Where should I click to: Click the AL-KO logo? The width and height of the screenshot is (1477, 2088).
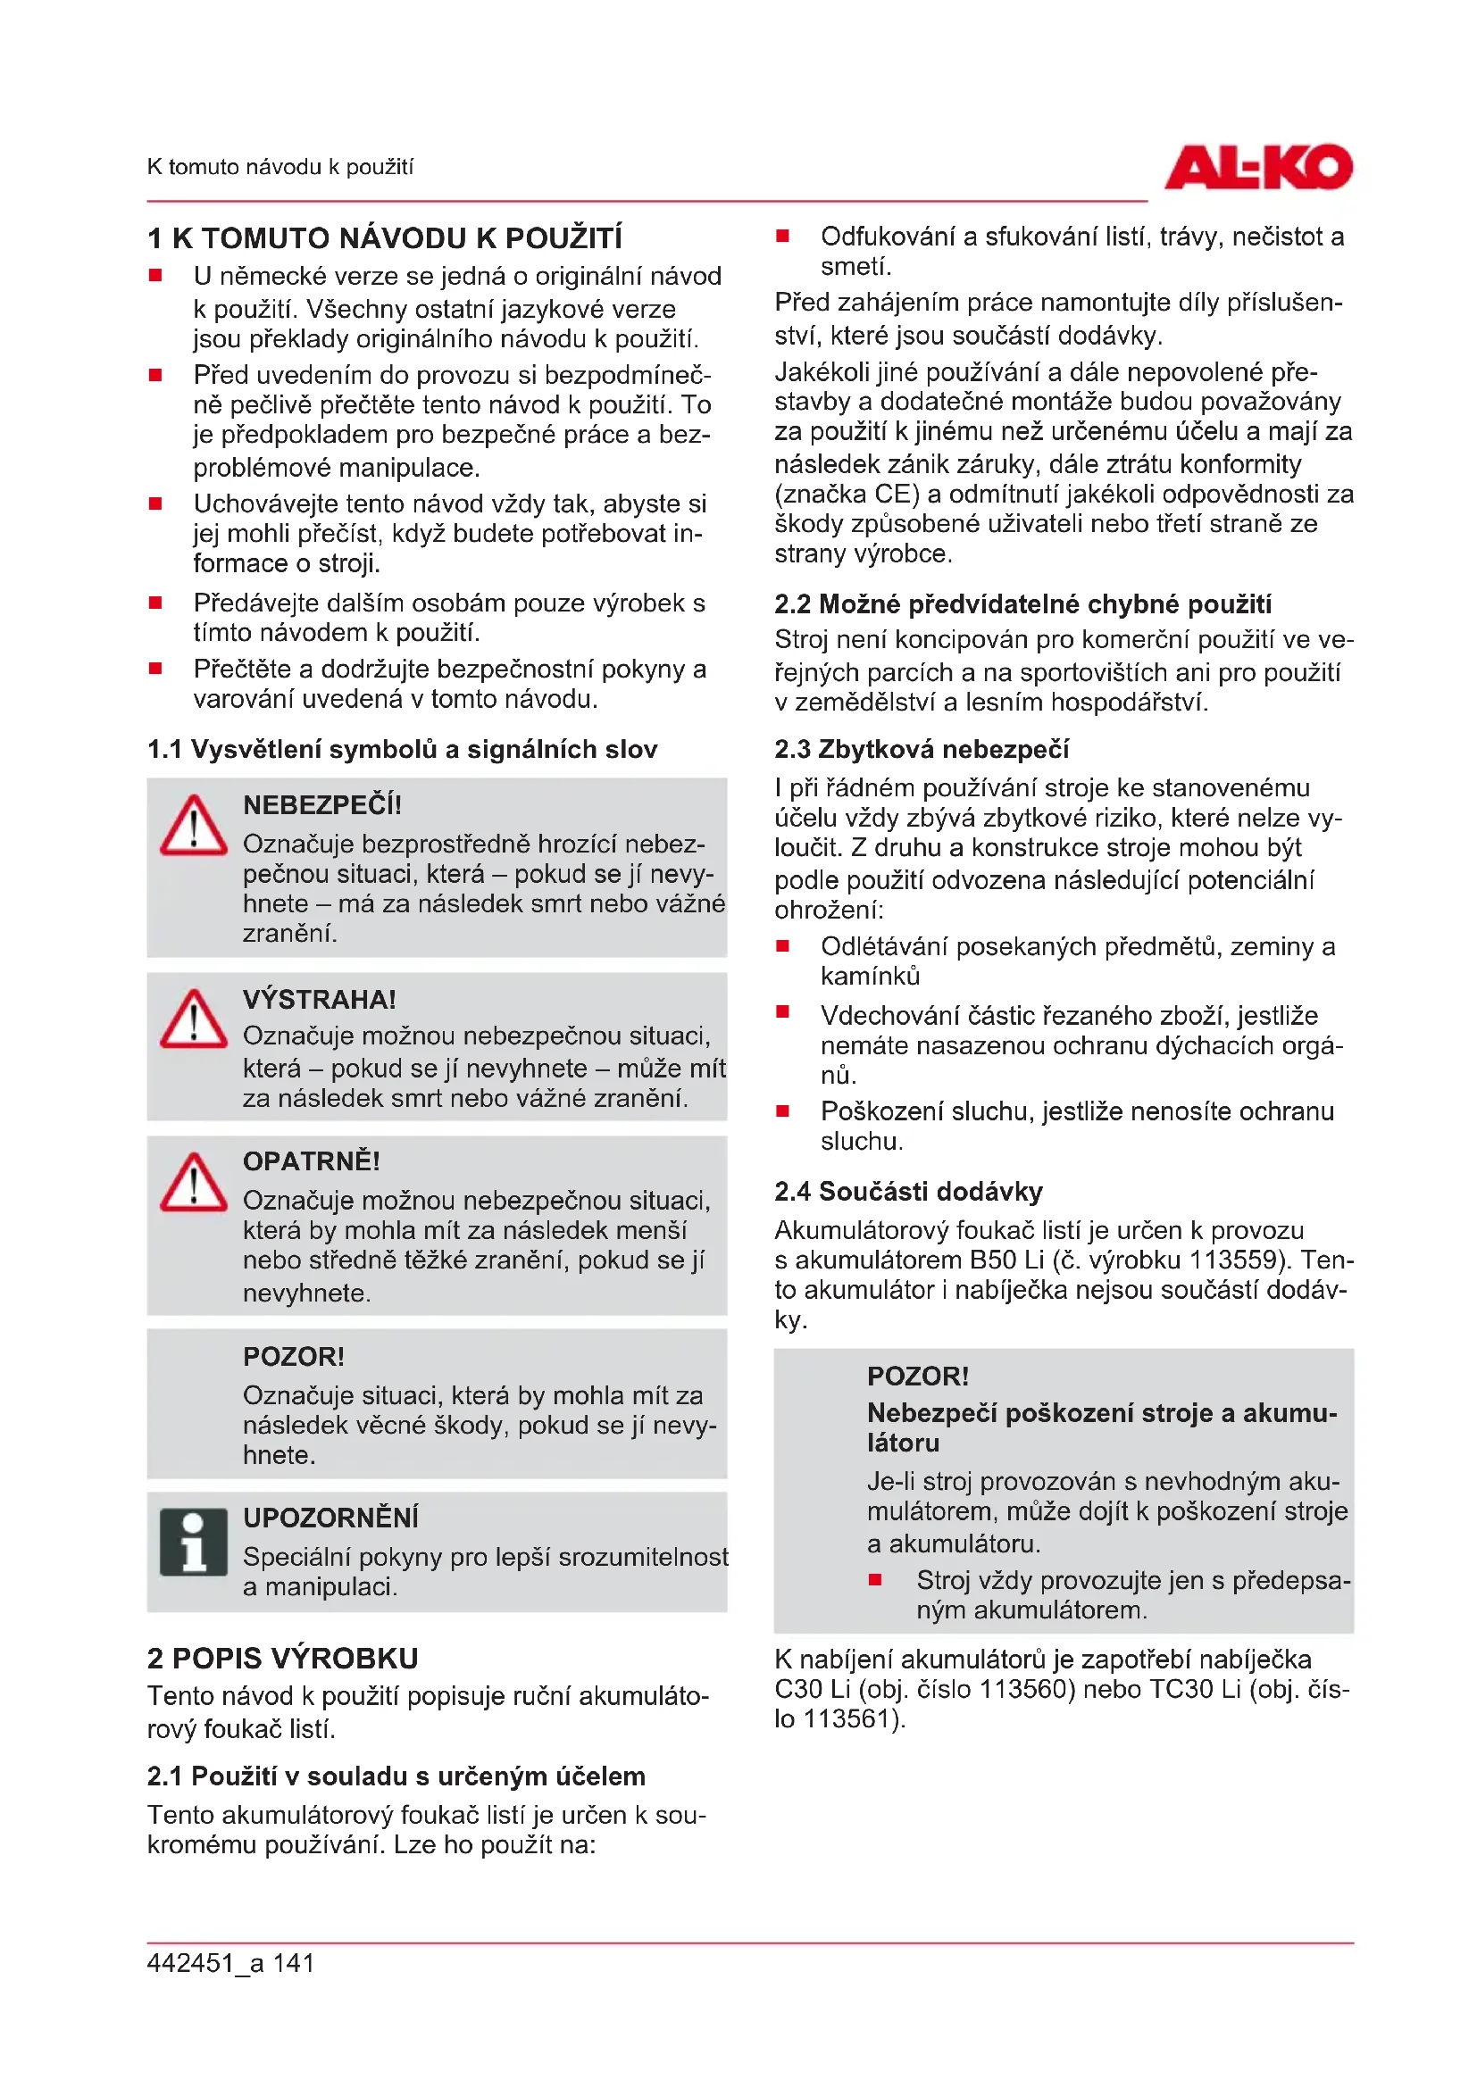(1258, 167)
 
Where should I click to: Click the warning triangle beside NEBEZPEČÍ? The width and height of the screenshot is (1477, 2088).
(193, 827)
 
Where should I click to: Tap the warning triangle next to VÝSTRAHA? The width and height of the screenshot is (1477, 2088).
(193, 1020)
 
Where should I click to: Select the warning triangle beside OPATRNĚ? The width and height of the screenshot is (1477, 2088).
(193, 1183)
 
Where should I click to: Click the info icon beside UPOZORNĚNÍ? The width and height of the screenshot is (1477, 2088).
(193, 1543)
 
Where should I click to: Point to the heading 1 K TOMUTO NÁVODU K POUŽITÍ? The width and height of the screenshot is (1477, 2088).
(385, 238)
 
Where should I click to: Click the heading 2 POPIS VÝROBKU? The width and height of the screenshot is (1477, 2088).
(283, 1658)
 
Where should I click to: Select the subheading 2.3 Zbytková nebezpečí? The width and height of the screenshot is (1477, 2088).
(922, 749)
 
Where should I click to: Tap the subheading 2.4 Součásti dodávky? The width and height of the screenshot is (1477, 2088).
(908, 1192)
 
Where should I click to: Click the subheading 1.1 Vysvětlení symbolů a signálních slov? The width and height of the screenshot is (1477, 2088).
(402, 749)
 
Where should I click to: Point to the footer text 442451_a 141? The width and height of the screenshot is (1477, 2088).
(231, 1963)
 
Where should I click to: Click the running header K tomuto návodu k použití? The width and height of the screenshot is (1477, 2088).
(280, 167)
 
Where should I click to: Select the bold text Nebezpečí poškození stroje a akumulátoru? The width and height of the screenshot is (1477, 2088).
(1101, 1427)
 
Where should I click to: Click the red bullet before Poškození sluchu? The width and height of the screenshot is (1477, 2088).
(782, 1111)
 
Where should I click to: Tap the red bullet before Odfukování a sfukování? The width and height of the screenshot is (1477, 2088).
(782, 237)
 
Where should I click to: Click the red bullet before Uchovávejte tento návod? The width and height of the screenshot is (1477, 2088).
(155, 503)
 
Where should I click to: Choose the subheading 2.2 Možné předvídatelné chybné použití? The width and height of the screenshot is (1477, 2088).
(1022, 603)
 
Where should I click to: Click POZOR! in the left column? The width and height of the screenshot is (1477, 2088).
(294, 1357)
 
